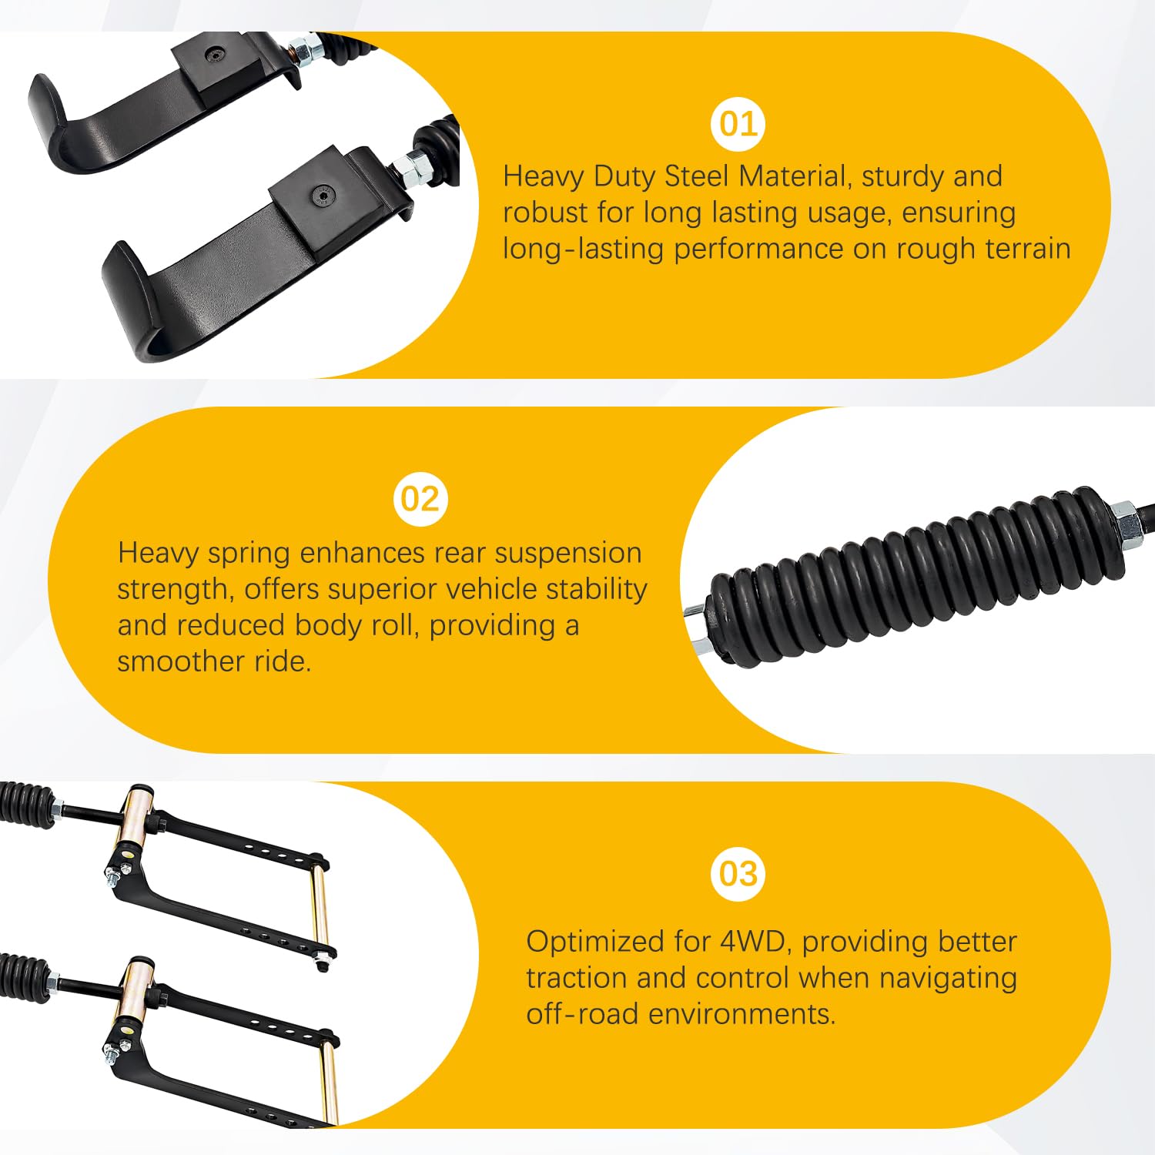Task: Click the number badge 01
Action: pyautogui.click(x=738, y=125)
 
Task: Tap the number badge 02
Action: pyautogui.click(x=420, y=500)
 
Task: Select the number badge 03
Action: pyautogui.click(x=738, y=874)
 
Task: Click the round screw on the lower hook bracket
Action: pyautogui.click(x=321, y=196)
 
